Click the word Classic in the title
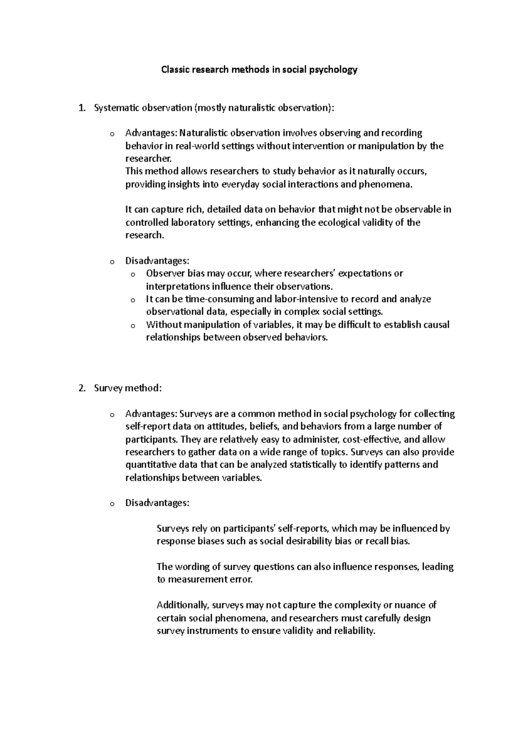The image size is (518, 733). [174, 70]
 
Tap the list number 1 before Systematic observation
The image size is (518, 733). [82, 108]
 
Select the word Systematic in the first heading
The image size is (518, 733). [114, 108]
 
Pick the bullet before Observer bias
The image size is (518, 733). [133, 275]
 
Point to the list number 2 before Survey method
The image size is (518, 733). [82, 389]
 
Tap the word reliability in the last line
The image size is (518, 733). [355, 631]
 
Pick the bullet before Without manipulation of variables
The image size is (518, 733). [133, 326]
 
